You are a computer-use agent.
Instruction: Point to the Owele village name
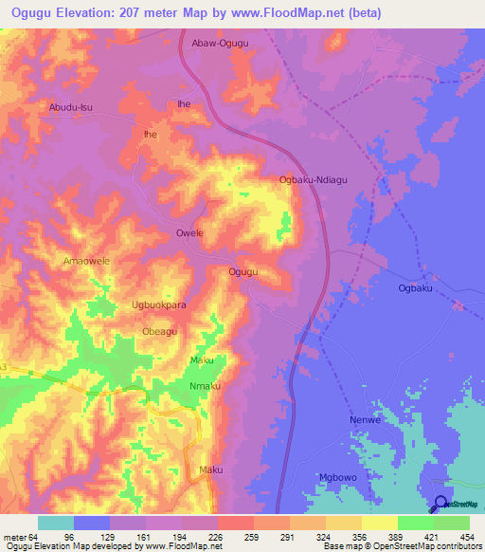[190, 232]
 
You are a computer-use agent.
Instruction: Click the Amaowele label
[86, 260]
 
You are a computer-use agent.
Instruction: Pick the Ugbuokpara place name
[158, 306]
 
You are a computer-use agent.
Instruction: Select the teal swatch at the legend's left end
[56, 523]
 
